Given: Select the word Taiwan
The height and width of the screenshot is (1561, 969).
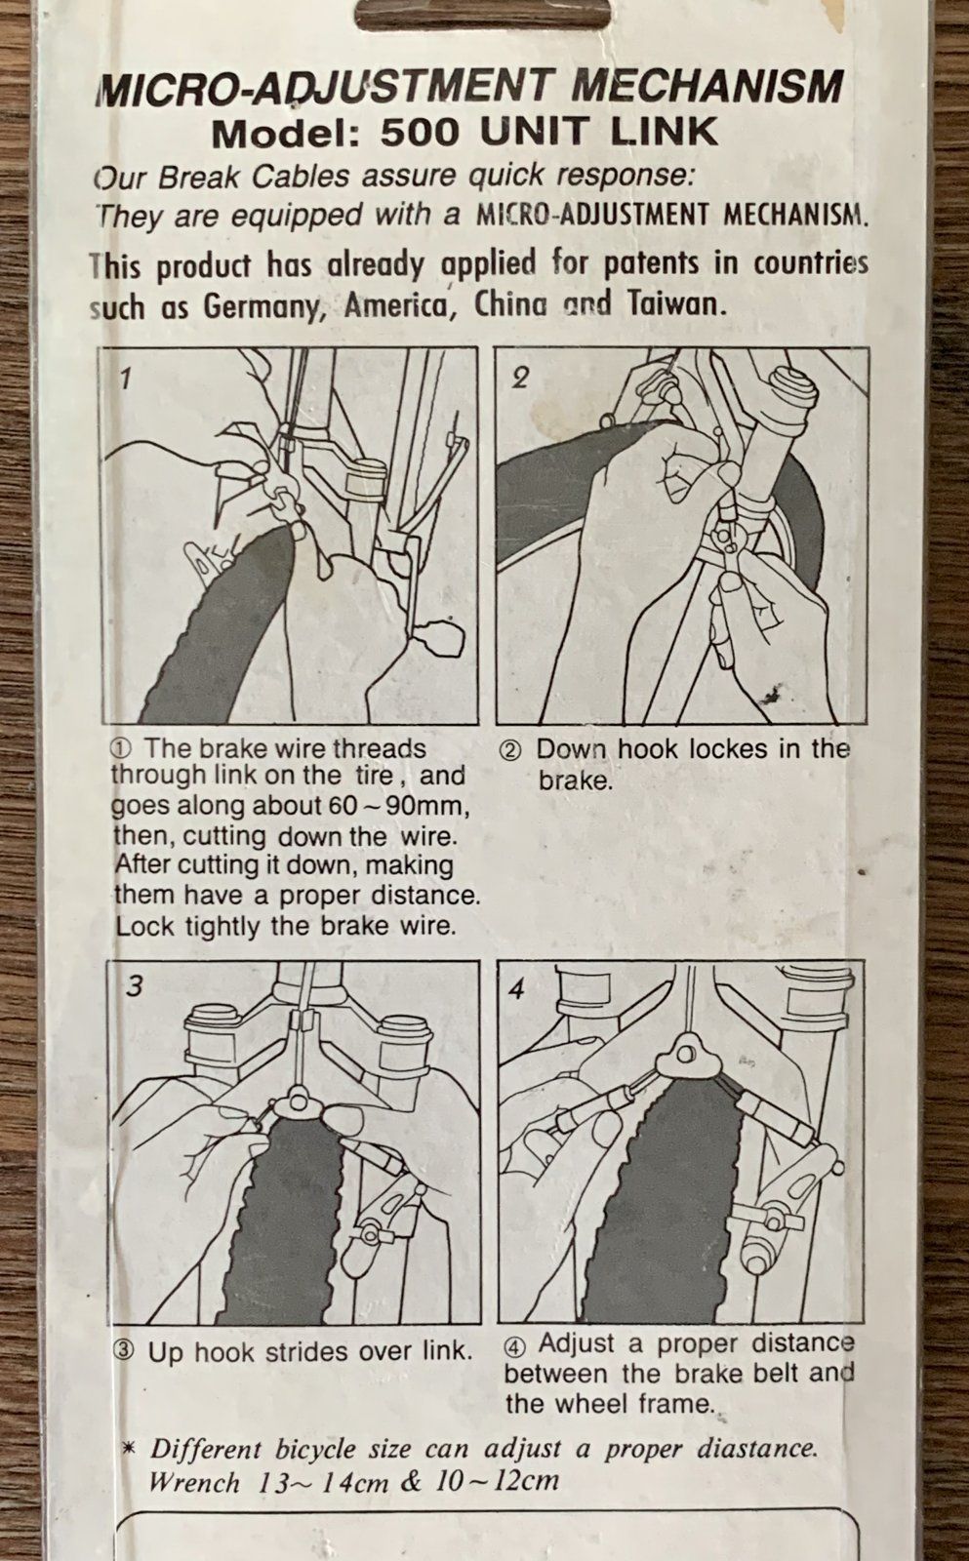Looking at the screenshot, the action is [673, 303].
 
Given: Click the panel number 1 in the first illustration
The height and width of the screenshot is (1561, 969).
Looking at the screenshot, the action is [125, 380].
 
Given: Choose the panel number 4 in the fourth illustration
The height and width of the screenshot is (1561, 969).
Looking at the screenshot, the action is [516, 989].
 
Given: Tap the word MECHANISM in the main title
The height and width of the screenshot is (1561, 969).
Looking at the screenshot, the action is [710, 90].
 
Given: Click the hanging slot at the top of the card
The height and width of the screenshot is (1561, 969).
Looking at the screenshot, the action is [483, 14].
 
